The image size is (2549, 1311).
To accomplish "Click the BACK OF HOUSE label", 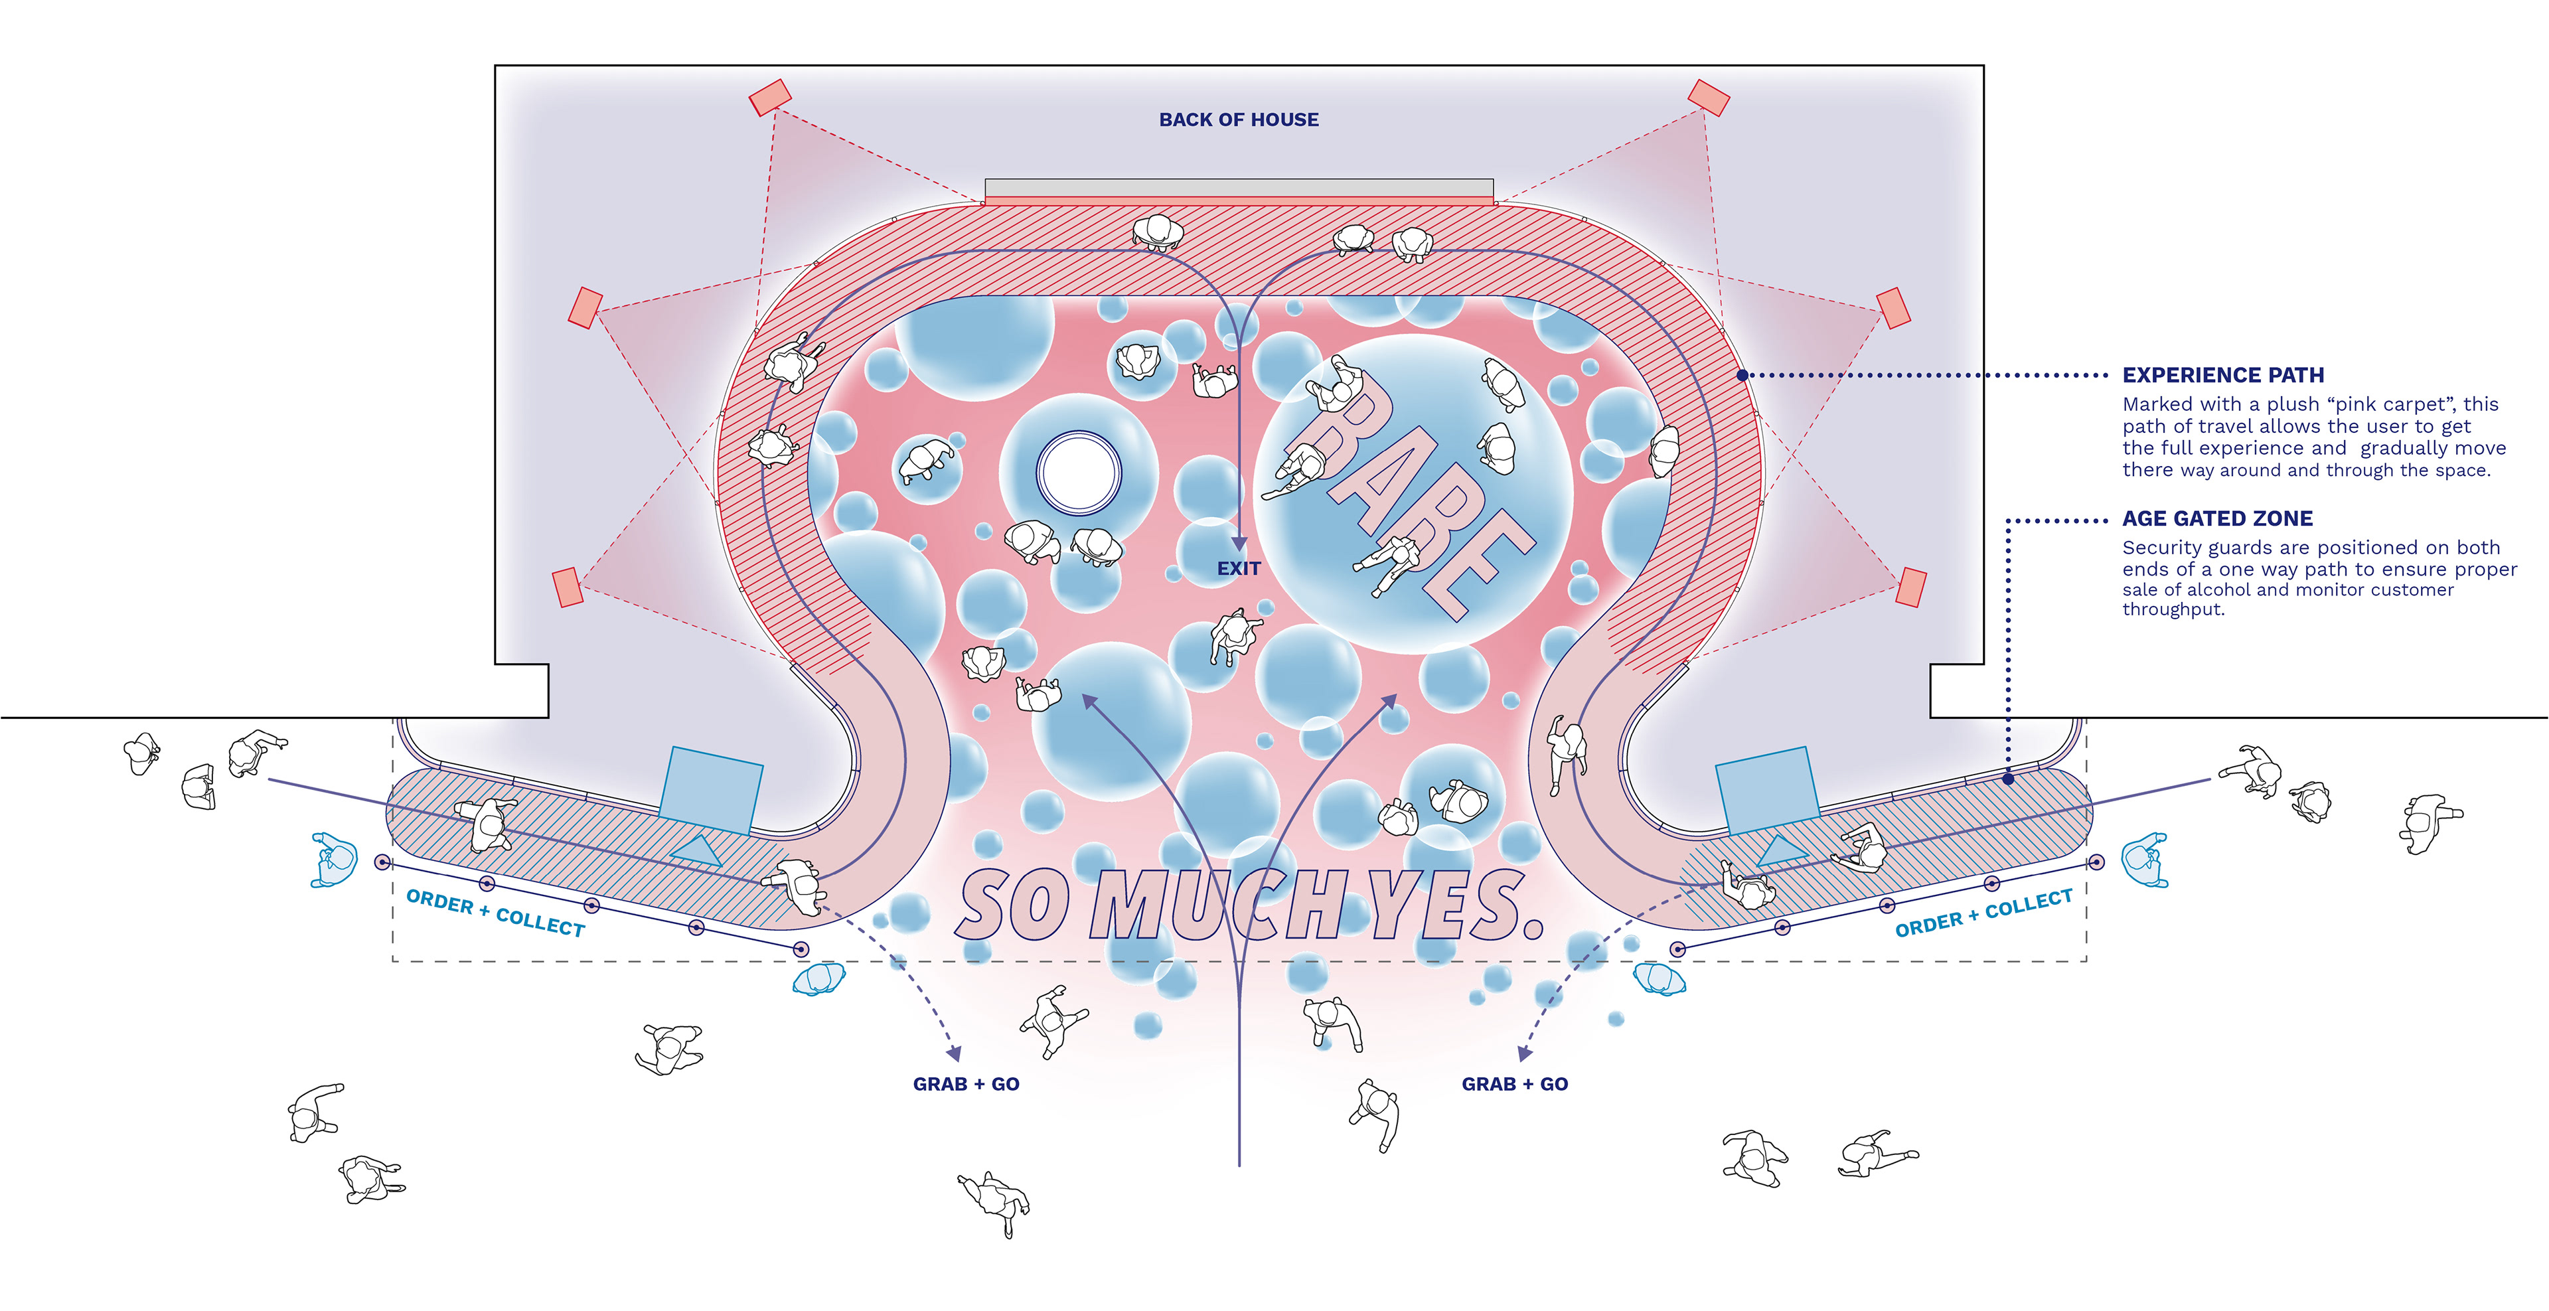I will tap(1238, 119).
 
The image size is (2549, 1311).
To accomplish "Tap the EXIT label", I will tap(1238, 569).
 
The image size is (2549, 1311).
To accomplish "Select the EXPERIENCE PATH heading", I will tap(2222, 375).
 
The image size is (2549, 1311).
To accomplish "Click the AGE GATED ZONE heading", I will tap(2216, 518).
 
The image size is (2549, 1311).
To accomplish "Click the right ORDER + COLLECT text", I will tap(1983, 912).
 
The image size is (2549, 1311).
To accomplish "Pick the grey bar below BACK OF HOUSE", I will tap(1238, 188).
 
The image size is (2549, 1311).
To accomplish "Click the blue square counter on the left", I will tap(710, 789).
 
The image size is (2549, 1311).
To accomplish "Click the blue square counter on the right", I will tap(1766, 789).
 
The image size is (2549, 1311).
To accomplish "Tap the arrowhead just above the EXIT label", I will tap(1238, 543).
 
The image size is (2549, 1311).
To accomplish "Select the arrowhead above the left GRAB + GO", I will tap(953, 1053).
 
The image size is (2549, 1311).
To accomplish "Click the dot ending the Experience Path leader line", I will tap(1742, 375).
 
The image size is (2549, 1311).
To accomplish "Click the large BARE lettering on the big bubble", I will tap(1415, 495).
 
